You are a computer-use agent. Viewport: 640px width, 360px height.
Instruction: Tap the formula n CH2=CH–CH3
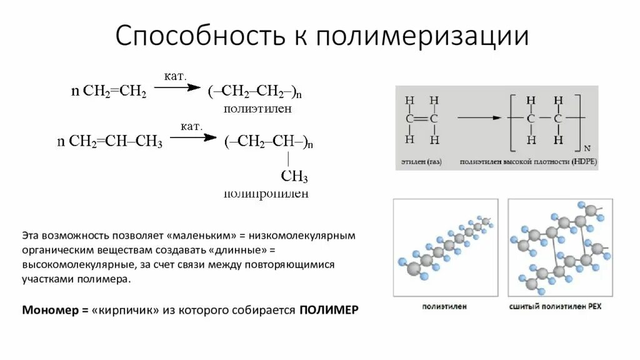109,142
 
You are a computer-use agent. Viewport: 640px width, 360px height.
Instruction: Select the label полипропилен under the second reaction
266,194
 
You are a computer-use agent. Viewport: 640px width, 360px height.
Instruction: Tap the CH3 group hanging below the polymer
294,176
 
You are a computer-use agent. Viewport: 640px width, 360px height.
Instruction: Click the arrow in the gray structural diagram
480,117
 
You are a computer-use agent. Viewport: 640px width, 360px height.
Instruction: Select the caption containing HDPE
529,162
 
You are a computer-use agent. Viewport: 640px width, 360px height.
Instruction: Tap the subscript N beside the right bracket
586,148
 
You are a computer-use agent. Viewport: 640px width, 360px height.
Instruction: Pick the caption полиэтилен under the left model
444,307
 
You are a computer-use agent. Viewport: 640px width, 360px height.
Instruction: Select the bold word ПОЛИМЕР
329,311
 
